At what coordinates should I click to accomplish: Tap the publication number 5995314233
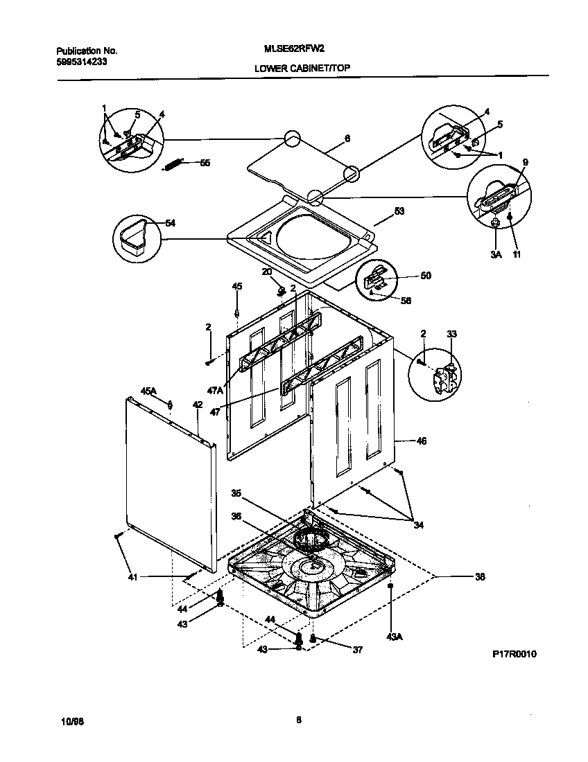coord(81,61)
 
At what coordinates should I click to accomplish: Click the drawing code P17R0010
coord(515,654)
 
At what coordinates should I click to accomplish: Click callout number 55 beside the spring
coord(205,163)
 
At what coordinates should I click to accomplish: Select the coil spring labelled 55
coord(173,164)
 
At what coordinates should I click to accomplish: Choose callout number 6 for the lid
coord(347,139)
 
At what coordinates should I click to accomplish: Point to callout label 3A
coord(496,255)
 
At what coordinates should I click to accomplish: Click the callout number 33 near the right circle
coord(451,334)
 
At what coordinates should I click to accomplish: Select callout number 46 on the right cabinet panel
coord(421,440)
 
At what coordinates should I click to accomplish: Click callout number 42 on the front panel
coord(198,405)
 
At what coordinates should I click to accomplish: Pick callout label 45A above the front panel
coord(149,391)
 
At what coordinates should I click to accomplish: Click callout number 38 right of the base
coord(479,576)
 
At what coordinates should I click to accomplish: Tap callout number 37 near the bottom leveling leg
coord(358,649)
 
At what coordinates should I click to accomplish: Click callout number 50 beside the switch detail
coord(425,275)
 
